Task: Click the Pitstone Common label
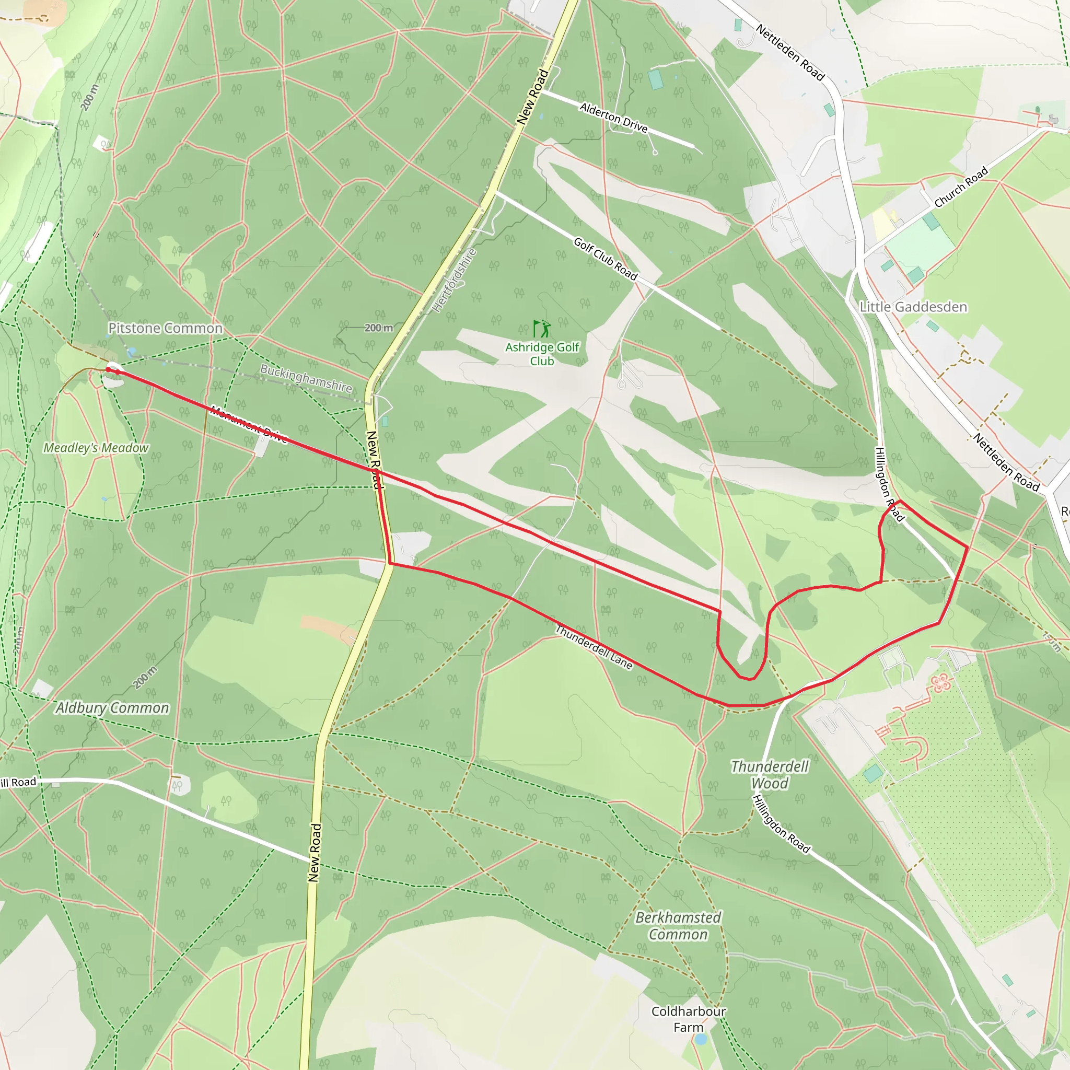point(165,329)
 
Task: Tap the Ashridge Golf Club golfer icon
point(542,329)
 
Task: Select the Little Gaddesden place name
point(913,307)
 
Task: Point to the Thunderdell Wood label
point(769,775)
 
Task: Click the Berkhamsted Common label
point(678,926)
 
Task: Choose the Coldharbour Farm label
point(688,1019)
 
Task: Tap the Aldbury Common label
point(112,708)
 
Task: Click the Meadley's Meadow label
point(96,448)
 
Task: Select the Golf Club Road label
point(606,259)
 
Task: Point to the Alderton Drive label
point(613,118)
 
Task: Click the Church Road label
point(961,187)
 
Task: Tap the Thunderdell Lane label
point(594,647)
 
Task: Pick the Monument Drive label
point(249,425)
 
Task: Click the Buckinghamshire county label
point(306,378)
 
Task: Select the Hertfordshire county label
point(454,280)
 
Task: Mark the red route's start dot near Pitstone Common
point(109,369)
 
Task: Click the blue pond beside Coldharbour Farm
point(701,1040)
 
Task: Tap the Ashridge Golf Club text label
point(542,354)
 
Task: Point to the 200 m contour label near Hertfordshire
point(379,328)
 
